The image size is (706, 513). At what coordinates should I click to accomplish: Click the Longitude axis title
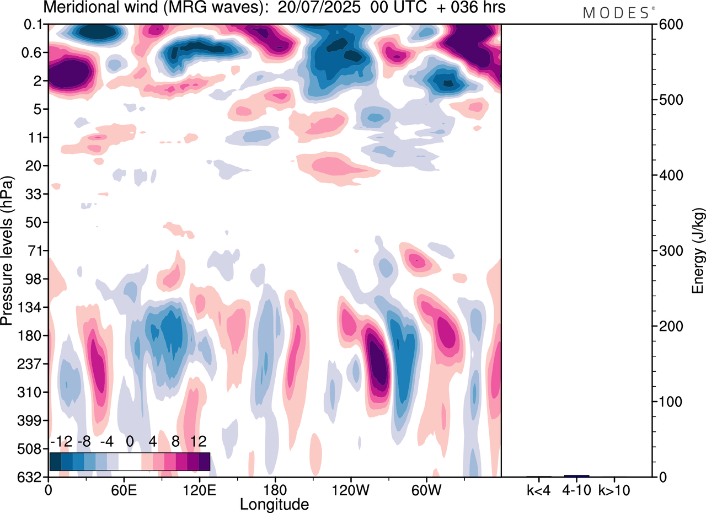(x=274, y=504)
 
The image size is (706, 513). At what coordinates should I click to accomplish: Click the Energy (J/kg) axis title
(x=698, y=250)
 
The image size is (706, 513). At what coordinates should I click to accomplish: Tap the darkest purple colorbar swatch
(x=204, y=461)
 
